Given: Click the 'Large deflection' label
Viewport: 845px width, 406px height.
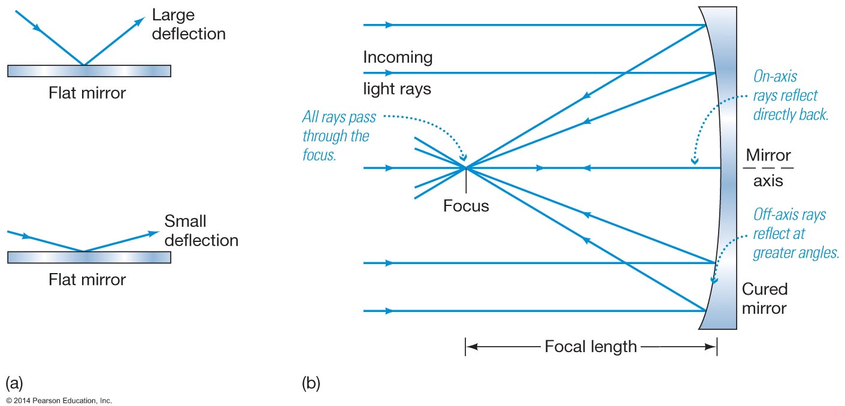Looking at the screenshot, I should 188,24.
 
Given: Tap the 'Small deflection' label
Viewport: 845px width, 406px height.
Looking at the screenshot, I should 201,231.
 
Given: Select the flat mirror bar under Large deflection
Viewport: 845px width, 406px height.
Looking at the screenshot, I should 89,71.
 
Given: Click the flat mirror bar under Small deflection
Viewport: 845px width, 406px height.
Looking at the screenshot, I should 89,257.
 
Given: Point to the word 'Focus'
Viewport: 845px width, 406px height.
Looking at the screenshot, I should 466,206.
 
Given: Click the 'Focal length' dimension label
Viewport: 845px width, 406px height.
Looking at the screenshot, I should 590,346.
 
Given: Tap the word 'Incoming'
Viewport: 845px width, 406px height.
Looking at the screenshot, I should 398,57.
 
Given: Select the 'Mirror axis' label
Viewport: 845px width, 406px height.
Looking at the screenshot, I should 768,168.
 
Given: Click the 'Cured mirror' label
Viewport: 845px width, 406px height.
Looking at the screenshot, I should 764,299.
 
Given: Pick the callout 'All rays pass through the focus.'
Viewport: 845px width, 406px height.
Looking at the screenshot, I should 336,136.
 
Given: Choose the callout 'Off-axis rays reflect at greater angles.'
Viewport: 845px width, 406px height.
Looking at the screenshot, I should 796,234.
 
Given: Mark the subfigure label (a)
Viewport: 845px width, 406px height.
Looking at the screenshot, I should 14,383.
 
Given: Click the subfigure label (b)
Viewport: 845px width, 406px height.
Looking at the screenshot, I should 311,383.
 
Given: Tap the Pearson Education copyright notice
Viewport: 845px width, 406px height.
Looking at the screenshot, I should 59,400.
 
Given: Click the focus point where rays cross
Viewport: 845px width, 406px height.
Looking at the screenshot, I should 465,168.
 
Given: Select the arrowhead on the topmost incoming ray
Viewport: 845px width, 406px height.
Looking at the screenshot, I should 390,25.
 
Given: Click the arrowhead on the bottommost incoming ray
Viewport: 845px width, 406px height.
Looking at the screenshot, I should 390,311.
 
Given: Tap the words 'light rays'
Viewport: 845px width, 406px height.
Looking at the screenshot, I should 397,89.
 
